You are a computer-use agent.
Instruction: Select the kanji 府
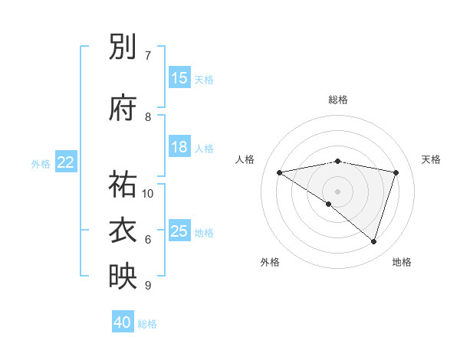point(123,108)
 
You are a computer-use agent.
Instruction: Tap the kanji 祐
point(123,184)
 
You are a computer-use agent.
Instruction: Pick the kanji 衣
point(123,231)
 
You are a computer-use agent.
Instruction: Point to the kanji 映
point(123,277)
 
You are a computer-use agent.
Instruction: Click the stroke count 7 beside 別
point(148,55)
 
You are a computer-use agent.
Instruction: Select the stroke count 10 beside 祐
point(148,193)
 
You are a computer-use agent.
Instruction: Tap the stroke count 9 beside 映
point(148,286)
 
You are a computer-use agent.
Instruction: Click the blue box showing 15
point(179,78)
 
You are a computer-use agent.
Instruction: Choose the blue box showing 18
point(179,147)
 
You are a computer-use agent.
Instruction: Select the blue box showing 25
point(179,231)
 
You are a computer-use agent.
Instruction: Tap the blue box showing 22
point(66,162)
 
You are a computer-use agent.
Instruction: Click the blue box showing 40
point(123,322)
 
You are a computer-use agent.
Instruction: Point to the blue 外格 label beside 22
point(41,163)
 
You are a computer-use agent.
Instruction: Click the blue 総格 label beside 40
point(147,324)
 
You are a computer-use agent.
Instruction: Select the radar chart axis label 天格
point(431,159)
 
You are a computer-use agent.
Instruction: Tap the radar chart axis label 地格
point(402,262)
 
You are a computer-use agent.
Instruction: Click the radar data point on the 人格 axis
point(280,172)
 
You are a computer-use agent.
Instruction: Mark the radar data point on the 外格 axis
point(329,205)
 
